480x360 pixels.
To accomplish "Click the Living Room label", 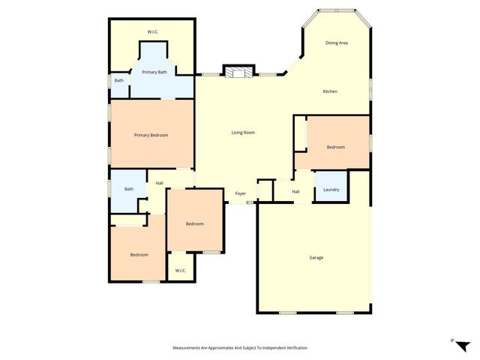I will click(243, 133).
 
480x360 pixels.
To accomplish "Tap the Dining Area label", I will click(337, 43).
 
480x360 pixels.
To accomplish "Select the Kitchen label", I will click(330, 91).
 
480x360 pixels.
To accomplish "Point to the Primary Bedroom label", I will click(151, 135).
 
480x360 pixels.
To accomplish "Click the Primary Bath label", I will click(154, 72).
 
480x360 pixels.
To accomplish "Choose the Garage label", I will click(316, 257).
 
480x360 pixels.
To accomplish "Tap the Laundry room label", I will click(331, 190).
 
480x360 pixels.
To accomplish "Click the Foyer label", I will click(241, 193).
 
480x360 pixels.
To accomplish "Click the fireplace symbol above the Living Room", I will click(240, 72).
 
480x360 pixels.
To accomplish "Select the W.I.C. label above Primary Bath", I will click(153, 31).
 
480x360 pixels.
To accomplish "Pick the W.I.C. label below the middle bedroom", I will click(181, 270).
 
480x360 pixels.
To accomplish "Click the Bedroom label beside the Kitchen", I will click(335, 147).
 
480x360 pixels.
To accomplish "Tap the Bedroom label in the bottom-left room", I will click(139, 255).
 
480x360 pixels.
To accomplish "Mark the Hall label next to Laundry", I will click(296, 192).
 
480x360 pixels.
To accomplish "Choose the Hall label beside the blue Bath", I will click(160, 183).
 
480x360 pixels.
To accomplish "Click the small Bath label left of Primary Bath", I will click(119, 80).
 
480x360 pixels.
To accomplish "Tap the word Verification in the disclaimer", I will click(295, 348).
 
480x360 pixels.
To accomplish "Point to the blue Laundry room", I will click(331, 183).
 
